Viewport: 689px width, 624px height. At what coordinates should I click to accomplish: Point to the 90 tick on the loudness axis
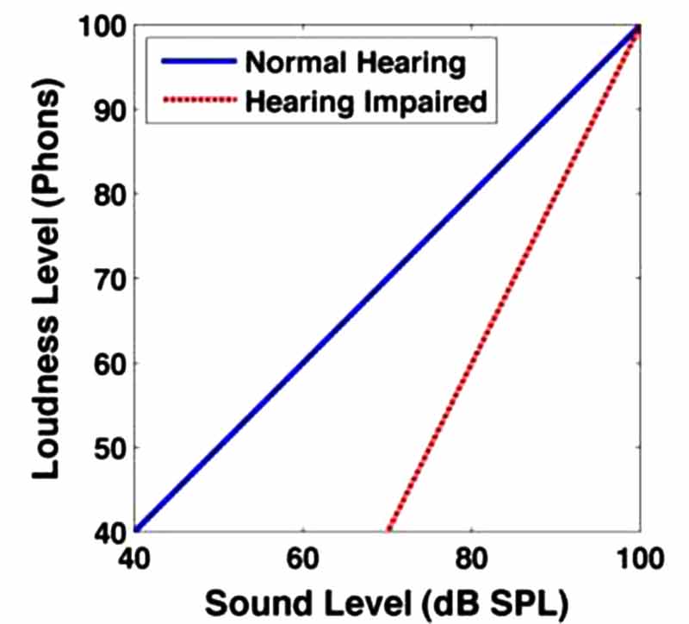pyautogui.click(x=111, y=110)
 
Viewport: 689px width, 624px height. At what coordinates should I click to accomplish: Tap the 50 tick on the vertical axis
pyautogui.click(x=111, y=447)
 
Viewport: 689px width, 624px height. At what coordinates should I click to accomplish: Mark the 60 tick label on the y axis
pyautogui.click(x=111, y=363)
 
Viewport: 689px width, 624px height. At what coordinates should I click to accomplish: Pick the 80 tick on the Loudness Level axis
pyautogui.click(x=111, y=195)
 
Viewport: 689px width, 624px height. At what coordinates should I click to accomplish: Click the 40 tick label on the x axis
pyautogui.click(x=134, y=559)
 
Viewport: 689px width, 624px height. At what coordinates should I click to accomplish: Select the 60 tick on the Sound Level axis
pyautogui.click(x=302, y=559)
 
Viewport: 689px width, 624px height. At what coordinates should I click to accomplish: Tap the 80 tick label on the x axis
pyautogui.click(x=471, y=559)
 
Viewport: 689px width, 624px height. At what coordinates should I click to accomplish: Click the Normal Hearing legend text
pyautogui.click(x=355, y=62)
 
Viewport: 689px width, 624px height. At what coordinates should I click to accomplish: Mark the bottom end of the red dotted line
pyautogui.click(x=388, y=529)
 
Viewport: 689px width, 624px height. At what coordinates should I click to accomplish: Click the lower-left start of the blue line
pyautogui.click(x=136, y=529)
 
